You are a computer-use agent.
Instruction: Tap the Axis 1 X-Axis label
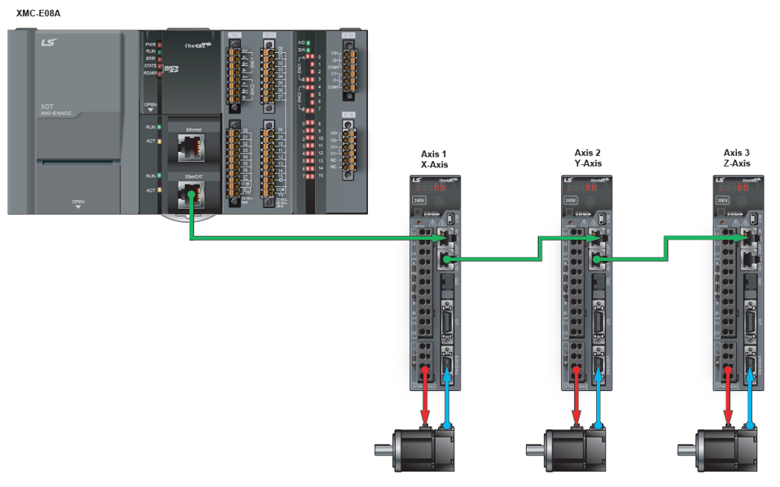click(x=434, y=159)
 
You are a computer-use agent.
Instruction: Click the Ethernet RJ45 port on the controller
click(x=189, y=147)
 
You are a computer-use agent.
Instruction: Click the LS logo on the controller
click(x=49, y=42)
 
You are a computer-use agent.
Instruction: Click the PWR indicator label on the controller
click(x=150, y=44)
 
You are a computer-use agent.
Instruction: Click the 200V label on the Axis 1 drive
click(x=418, y=199)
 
